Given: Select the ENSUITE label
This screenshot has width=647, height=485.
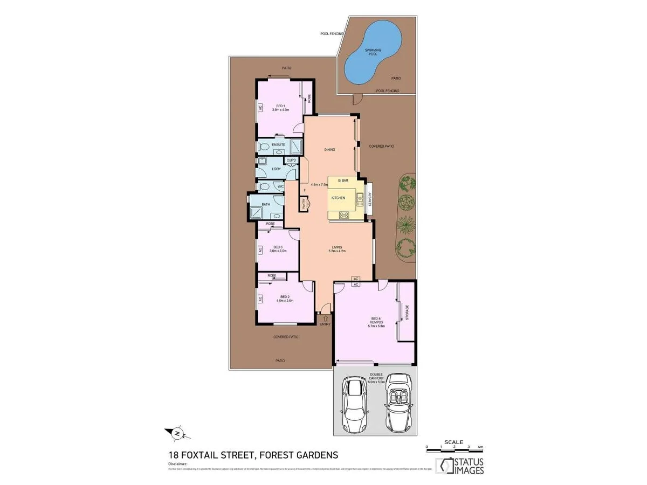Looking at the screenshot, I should tap(278, 144).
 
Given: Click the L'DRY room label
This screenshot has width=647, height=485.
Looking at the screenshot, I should tap(277, 169).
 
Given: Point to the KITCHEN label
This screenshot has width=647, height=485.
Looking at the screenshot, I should tap(338, 198).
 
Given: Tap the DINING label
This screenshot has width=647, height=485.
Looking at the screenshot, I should tap(330, 150).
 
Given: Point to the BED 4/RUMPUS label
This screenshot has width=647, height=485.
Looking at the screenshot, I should tap(376, 320).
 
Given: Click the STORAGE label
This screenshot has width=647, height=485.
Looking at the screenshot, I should tap(407, 312).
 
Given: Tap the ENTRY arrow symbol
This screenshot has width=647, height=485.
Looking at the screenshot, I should tap(325, 318).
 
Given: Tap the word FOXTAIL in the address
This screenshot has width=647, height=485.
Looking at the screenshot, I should tap(209, 455).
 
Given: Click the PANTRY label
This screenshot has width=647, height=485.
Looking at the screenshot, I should tap(304, 204).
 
